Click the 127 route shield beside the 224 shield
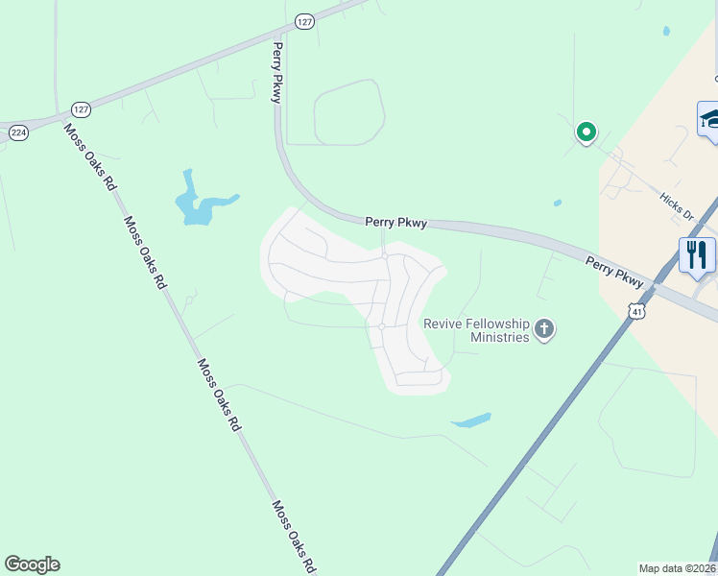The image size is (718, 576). (x=81, y=110)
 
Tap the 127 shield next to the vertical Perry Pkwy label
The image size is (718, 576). (x=304, y=21)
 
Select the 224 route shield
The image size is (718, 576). (x=18, y=132)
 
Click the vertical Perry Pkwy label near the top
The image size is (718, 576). (x=277, y=71)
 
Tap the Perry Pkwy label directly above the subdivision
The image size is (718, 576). (x=395, y=222)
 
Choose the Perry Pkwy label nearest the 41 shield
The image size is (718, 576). (x=615, y=269)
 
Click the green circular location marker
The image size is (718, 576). (x=586, y=132)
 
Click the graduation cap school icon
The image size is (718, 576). (x=708, y=119)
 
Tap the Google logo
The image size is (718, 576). (x=32, y=564)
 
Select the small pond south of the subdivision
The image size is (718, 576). (x=470, y=420)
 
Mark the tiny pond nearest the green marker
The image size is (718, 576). (x=558, y=203)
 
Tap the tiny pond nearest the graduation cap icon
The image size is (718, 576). (x=666, y=31)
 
